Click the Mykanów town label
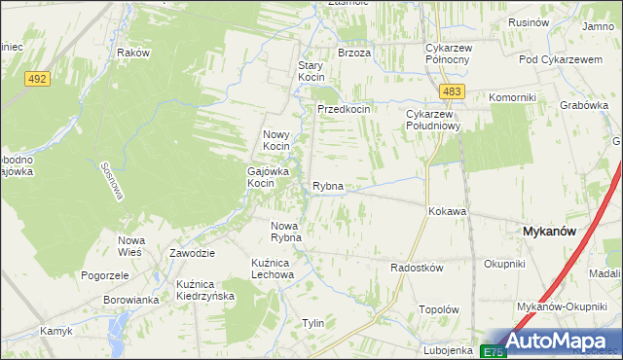[551, 232]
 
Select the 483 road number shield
[450, 91]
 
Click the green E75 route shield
[494, 351]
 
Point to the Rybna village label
[327, 186]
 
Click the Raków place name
[132, 53]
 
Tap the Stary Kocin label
[310, 71]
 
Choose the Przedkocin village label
[344, 110]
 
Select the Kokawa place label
[447, 211]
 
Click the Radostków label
[417, 268]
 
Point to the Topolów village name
[438, 309]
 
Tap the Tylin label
[312, 323]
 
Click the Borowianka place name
[130, 300]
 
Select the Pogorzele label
[106, 275]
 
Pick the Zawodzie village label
[192, 252]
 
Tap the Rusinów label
[528, 22]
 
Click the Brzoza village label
[354, 53]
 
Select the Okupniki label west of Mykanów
[504, 264]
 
